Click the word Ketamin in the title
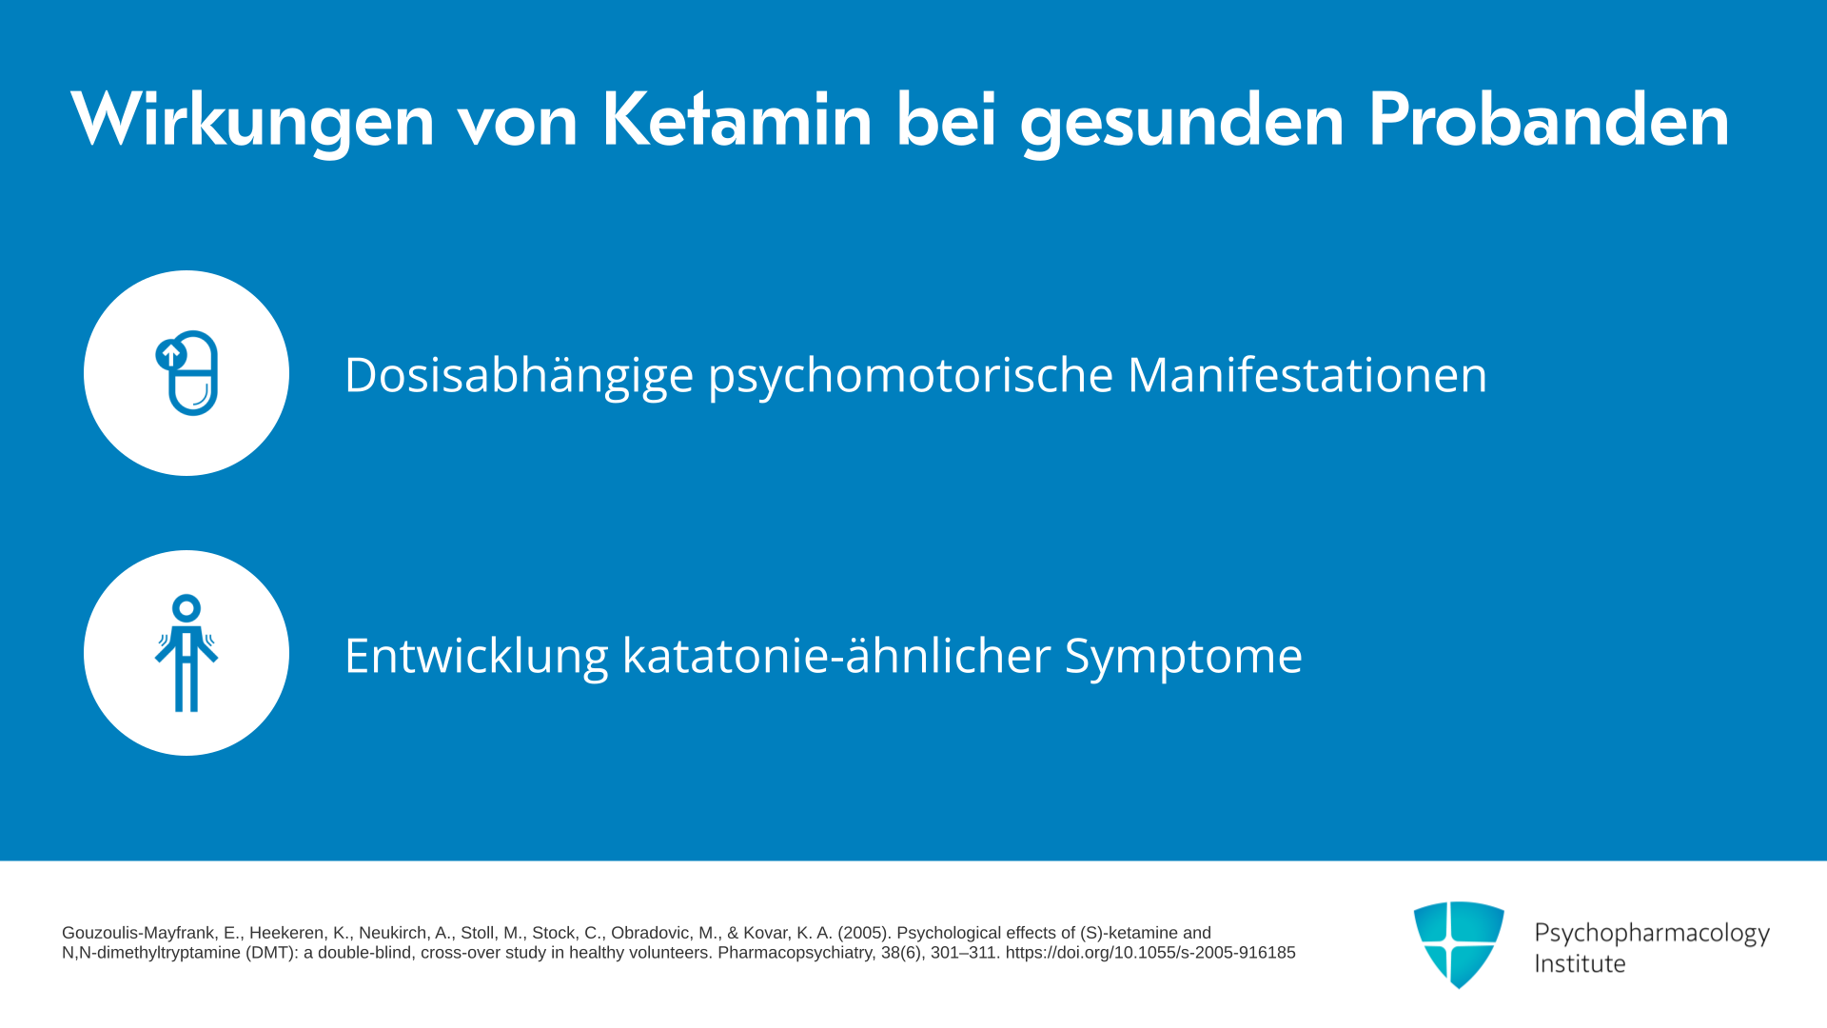click(x=737, y=120)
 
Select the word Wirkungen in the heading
click(x=252, y=122)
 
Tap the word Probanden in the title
click(x=1548, y=120)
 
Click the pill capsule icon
click(x=188, y=373)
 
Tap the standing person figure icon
click(x=187, y=653)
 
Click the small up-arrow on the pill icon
click(x=170, y=355)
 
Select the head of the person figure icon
click(x=187, y=607)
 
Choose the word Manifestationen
click(x=1307, y=374)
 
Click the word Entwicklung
click(x=476, y=657)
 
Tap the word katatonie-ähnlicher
click(x=836, y=655)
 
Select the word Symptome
click(x=1183, y=657)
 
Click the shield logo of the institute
click(x=1459, y=944)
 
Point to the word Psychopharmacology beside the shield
click(x=1652, y=935)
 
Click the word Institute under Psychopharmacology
click(x=1580, y=964)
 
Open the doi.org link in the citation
click(x=1150, y=953)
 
